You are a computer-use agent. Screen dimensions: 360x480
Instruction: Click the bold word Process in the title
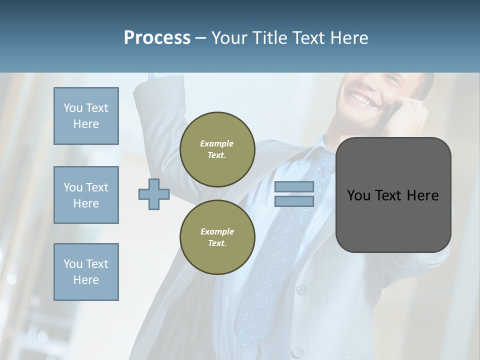[157, 38]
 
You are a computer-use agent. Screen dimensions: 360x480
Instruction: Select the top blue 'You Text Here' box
[86, 116]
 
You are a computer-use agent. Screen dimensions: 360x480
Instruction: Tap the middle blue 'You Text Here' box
[86, 195]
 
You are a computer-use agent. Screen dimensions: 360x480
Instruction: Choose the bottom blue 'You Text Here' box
[86, 272]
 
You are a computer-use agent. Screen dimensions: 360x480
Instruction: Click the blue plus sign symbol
[154, 194]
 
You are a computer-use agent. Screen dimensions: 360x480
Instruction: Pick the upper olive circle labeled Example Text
[217, 149]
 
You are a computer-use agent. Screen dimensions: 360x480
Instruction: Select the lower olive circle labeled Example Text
[217, 237]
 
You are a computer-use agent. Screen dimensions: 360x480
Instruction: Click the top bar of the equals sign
[294, 187]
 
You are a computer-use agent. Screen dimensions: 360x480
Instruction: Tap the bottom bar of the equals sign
[294, 201]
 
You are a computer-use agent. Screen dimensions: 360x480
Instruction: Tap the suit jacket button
[301, 289]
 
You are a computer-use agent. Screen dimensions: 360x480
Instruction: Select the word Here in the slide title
[349, 38]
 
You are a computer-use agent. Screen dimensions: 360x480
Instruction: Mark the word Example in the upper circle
[217, 143]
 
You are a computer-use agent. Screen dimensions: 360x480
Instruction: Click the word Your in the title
[229, 38]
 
